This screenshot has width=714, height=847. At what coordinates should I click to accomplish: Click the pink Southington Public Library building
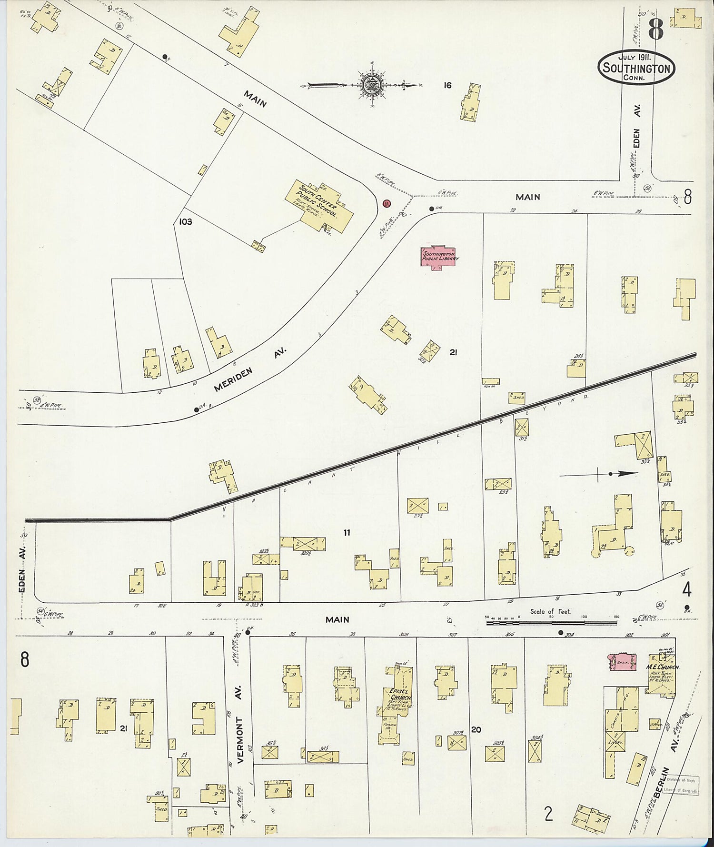438,258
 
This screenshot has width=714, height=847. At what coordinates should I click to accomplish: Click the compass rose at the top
369,85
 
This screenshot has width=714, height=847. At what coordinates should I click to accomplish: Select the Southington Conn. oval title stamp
636,68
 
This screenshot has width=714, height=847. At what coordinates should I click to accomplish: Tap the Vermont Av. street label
240,724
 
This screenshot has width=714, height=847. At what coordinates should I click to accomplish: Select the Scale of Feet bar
551,622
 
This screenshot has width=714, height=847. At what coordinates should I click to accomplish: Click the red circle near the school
387,203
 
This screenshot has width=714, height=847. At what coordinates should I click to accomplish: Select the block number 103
186,221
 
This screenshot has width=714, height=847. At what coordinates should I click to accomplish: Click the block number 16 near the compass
447,86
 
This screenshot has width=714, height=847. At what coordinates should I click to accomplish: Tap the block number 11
347,533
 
